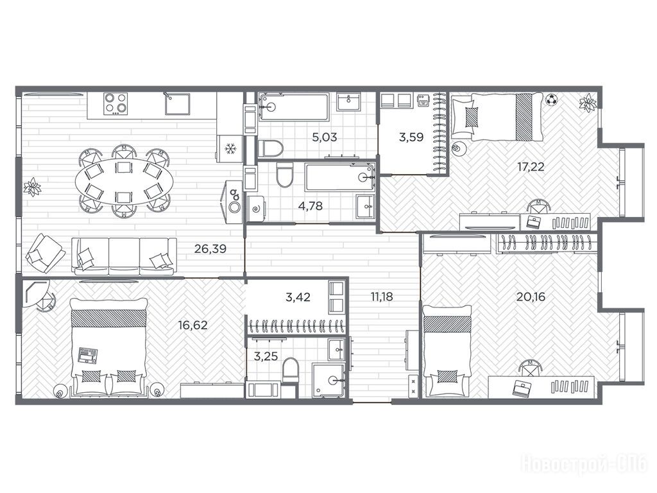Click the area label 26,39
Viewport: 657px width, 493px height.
pos(210,249)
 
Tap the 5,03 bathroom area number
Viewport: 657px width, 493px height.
pos(325,137)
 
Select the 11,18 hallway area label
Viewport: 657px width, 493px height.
pos(382,297)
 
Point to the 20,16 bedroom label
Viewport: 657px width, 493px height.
pos(531,297)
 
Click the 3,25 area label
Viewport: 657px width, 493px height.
pos(266,357)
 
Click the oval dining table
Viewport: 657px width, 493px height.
pos(124,180)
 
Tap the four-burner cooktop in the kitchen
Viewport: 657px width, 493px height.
pos(115,103)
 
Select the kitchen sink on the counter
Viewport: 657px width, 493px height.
pos(177,104)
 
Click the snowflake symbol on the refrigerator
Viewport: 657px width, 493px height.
pos(230,148)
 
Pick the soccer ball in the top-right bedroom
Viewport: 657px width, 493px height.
pos(551,99)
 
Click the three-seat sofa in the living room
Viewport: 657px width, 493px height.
pos(124,256)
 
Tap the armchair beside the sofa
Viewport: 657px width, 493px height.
pos(46,253)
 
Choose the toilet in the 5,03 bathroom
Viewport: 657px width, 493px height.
pos(270,148)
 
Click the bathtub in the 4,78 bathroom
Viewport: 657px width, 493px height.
pos(340,177)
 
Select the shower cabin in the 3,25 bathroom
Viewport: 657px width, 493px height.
pos(329,380)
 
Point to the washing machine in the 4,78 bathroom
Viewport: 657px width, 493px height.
pos(257,209)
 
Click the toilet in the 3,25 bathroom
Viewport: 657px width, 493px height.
pos(290,370)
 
